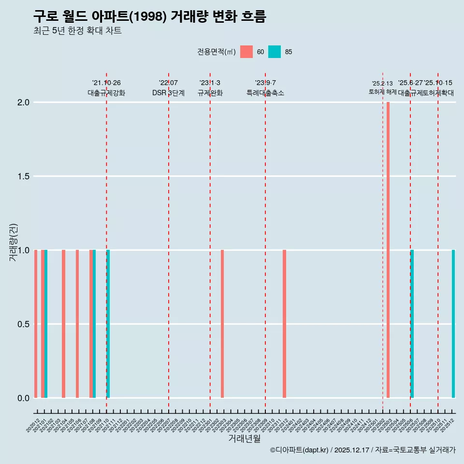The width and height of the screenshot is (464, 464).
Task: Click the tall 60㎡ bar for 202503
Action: point(388,250)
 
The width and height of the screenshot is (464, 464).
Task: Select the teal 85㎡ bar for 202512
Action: point(453,324)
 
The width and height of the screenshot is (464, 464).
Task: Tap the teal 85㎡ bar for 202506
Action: point(412,324)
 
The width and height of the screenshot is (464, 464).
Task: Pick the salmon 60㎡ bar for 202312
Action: point(284,324)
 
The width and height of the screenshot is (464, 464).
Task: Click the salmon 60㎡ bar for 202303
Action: point(222,324)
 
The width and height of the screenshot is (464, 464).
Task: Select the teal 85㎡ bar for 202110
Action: point(108,324)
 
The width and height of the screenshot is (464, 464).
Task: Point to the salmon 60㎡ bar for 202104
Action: point(63,324)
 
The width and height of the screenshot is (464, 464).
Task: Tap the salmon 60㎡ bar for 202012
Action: point(36,324)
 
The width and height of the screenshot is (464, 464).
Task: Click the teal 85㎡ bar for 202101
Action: point(46,324)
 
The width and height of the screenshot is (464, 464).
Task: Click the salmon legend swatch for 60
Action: point(246,52)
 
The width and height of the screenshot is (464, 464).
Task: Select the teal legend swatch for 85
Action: point(275,52)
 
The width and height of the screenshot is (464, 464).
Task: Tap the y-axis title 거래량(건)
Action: point(13,242)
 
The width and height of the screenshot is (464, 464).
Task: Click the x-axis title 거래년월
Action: point(244,439)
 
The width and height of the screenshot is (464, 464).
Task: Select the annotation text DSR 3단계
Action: point(168,93)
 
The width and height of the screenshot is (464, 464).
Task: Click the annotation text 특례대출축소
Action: point(265,93)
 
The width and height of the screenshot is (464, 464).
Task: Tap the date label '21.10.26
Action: point(106,83)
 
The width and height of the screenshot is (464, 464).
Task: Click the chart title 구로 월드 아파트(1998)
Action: point(149,16)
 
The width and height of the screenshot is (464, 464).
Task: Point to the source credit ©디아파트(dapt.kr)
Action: point(300,450)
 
